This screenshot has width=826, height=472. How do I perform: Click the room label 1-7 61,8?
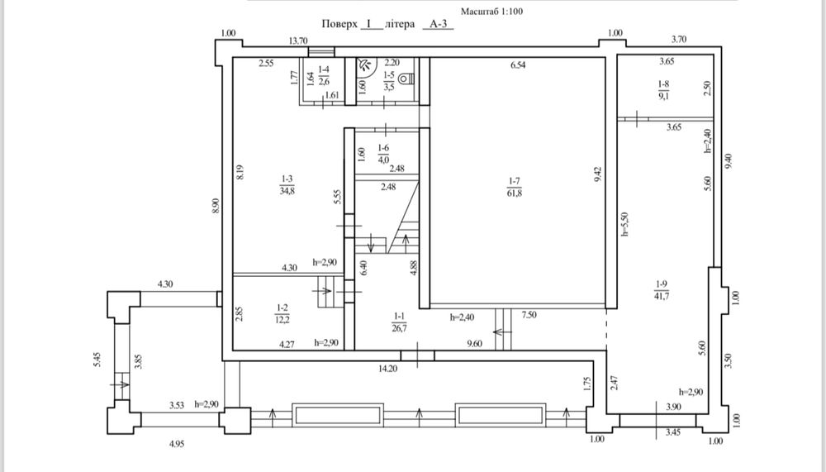[515, 187]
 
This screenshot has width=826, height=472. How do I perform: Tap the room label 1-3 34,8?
[287, 185]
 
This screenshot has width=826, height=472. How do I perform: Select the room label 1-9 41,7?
[662, 290]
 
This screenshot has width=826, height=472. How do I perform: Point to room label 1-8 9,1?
[664, 90]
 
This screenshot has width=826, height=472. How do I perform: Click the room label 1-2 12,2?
[282, 313]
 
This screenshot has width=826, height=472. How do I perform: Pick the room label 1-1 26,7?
[399, 322]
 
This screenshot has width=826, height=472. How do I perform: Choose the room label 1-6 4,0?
[383, 154]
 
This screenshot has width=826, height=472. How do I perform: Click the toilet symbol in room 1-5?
[407, 79]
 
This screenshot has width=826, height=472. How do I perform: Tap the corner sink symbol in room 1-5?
[364, 64]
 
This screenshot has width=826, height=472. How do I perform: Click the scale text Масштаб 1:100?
[492, 11]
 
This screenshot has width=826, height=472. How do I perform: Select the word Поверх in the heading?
[339, 24]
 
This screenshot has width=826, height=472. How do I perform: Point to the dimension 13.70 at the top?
[298, 41]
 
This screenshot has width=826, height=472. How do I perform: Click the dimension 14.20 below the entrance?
[387, 369]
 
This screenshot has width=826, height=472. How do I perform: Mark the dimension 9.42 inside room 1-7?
[597, 175]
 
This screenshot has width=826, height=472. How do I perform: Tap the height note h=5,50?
[625, 224]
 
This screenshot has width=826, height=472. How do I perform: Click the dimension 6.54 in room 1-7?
[518, 65]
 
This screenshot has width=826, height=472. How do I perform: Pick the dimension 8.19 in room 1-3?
[240, 174]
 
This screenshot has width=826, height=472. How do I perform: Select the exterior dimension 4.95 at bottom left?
[177, 444]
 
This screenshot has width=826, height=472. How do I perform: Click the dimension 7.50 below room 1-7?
[529, 315]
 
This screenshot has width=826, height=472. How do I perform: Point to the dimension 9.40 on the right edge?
[729, 161]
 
